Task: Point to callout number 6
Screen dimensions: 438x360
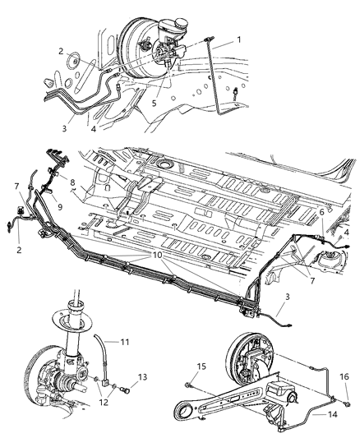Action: pos(321,211)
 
